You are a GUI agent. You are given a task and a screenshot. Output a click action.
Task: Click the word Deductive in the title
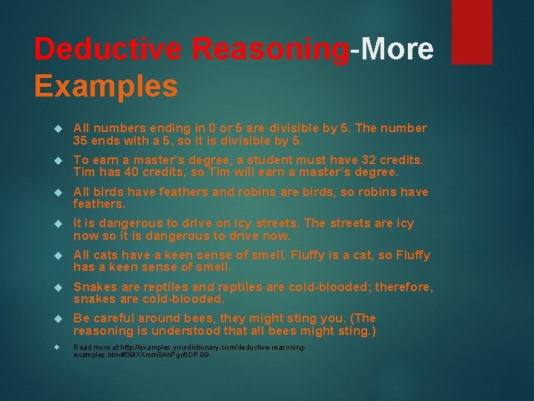[108, 49]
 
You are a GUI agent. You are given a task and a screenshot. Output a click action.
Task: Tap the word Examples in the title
[106, 86]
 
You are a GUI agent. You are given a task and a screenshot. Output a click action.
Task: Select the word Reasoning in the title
[270, 49]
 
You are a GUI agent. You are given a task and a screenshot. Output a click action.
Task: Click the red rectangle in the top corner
[472, 31]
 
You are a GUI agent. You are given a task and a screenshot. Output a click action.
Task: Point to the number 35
[82, 140]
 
